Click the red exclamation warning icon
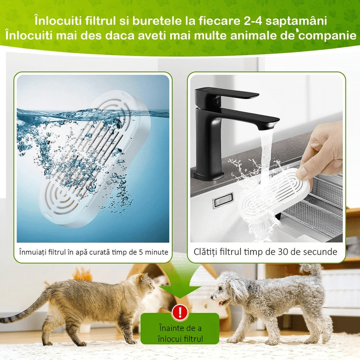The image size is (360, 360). coord(180,312)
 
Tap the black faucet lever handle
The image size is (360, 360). coord(227,94)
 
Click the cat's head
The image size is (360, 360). coord(144,284)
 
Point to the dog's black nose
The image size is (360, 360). coord(212,297)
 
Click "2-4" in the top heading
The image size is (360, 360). coord(251,21)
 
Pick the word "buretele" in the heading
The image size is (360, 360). coord(157,21)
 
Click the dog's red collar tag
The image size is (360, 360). coord(220,303)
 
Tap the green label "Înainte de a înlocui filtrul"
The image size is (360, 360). coord(180,329)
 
